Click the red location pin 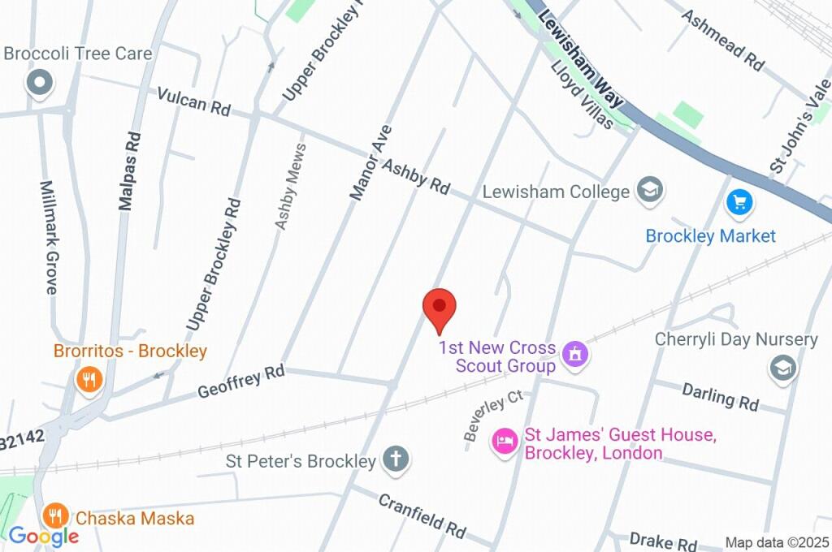tap(440, 308)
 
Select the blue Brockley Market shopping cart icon tap(739, 202)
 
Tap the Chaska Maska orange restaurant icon tap(55, 515)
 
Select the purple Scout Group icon tap(575, 355)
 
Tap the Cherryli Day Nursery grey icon tap(782, 368)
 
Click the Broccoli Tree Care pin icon tap(39, 83)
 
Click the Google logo tap(44, 536)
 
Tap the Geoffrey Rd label tap(241, 381)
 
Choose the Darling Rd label tap(720, 396)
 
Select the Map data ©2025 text tap(777, 542)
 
